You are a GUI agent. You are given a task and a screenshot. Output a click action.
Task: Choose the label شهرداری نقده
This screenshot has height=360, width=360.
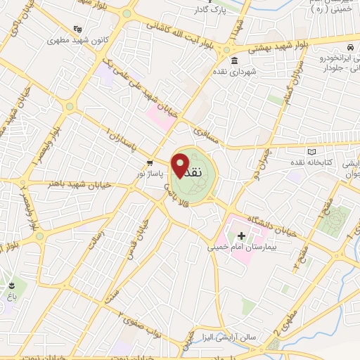coord(257,71)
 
